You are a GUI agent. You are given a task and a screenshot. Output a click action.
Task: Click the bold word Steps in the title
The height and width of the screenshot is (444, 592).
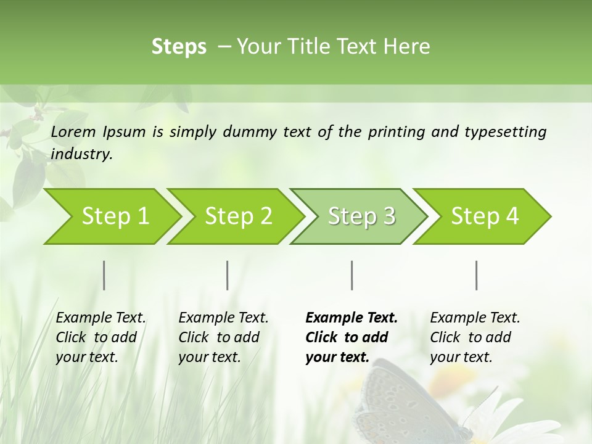[179, 47]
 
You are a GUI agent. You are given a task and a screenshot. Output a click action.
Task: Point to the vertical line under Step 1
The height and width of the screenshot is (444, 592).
[104, 275]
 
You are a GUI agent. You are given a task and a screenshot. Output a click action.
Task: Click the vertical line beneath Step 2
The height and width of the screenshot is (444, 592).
[228, 275]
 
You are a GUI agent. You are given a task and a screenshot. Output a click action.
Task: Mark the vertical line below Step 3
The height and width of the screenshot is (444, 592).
[351, 275]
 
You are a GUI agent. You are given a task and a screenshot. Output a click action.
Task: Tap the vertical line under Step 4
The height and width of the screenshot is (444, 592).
[476, 275]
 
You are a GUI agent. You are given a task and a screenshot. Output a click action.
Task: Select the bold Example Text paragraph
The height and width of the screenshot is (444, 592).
[351, 337]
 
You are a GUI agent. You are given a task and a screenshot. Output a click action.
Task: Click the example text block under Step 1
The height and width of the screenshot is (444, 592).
[101, 337]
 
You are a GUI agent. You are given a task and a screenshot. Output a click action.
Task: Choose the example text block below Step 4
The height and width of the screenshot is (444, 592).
[475, 337]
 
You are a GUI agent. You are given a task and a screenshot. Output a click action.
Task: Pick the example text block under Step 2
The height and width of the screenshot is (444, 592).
[223, 337]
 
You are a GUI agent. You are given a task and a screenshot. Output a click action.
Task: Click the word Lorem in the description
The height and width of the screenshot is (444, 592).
[73, 132]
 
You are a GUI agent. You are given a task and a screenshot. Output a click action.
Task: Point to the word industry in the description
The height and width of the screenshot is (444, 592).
[81, 154]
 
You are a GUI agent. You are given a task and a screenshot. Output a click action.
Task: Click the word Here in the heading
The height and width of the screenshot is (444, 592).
[409, 47]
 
